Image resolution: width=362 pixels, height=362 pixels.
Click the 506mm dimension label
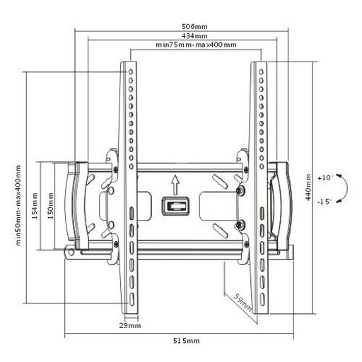pos(194,26)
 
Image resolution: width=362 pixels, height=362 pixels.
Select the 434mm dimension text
pos(194,36)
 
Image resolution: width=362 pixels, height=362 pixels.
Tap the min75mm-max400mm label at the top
pos(196,45)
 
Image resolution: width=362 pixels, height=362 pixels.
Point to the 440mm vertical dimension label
pos(308,187)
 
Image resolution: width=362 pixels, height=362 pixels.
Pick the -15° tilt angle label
pos(325,202)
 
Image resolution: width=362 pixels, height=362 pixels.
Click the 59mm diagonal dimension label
pos(243,302)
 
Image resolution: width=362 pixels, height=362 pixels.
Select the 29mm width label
pos(130,326)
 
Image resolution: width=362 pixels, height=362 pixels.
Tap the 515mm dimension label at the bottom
pos(187,341)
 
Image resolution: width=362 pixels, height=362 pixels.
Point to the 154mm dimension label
pos(35,206)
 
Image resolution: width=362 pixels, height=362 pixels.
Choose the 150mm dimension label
pos(50,206)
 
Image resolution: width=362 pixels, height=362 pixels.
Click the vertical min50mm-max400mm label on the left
pos(18,205)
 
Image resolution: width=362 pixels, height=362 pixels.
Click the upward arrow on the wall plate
pos(175,185)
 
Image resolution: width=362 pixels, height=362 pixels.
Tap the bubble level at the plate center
pos(175,206)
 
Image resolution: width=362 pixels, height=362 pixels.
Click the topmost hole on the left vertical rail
pos(131,71)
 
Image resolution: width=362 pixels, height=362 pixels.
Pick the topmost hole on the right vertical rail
pos(261,71)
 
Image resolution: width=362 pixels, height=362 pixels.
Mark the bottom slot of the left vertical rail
pos(132,299)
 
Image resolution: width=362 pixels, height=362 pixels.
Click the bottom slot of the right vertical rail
pos(262,299)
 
